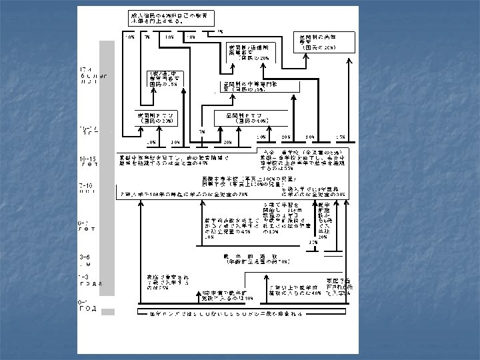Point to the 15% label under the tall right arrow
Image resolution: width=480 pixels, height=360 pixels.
[341, 137]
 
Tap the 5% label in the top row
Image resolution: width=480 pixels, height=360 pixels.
[220, 31]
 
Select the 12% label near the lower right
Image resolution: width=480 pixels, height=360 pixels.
[313, 242]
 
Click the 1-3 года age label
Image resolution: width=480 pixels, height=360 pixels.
[89, 279]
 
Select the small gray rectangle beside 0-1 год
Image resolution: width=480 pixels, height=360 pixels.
[108, 311]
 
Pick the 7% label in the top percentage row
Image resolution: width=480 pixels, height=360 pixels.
[147, 37]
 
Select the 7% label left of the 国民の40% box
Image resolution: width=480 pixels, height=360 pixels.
[202, 131]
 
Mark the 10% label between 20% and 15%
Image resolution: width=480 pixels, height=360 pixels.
[311, 137]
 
